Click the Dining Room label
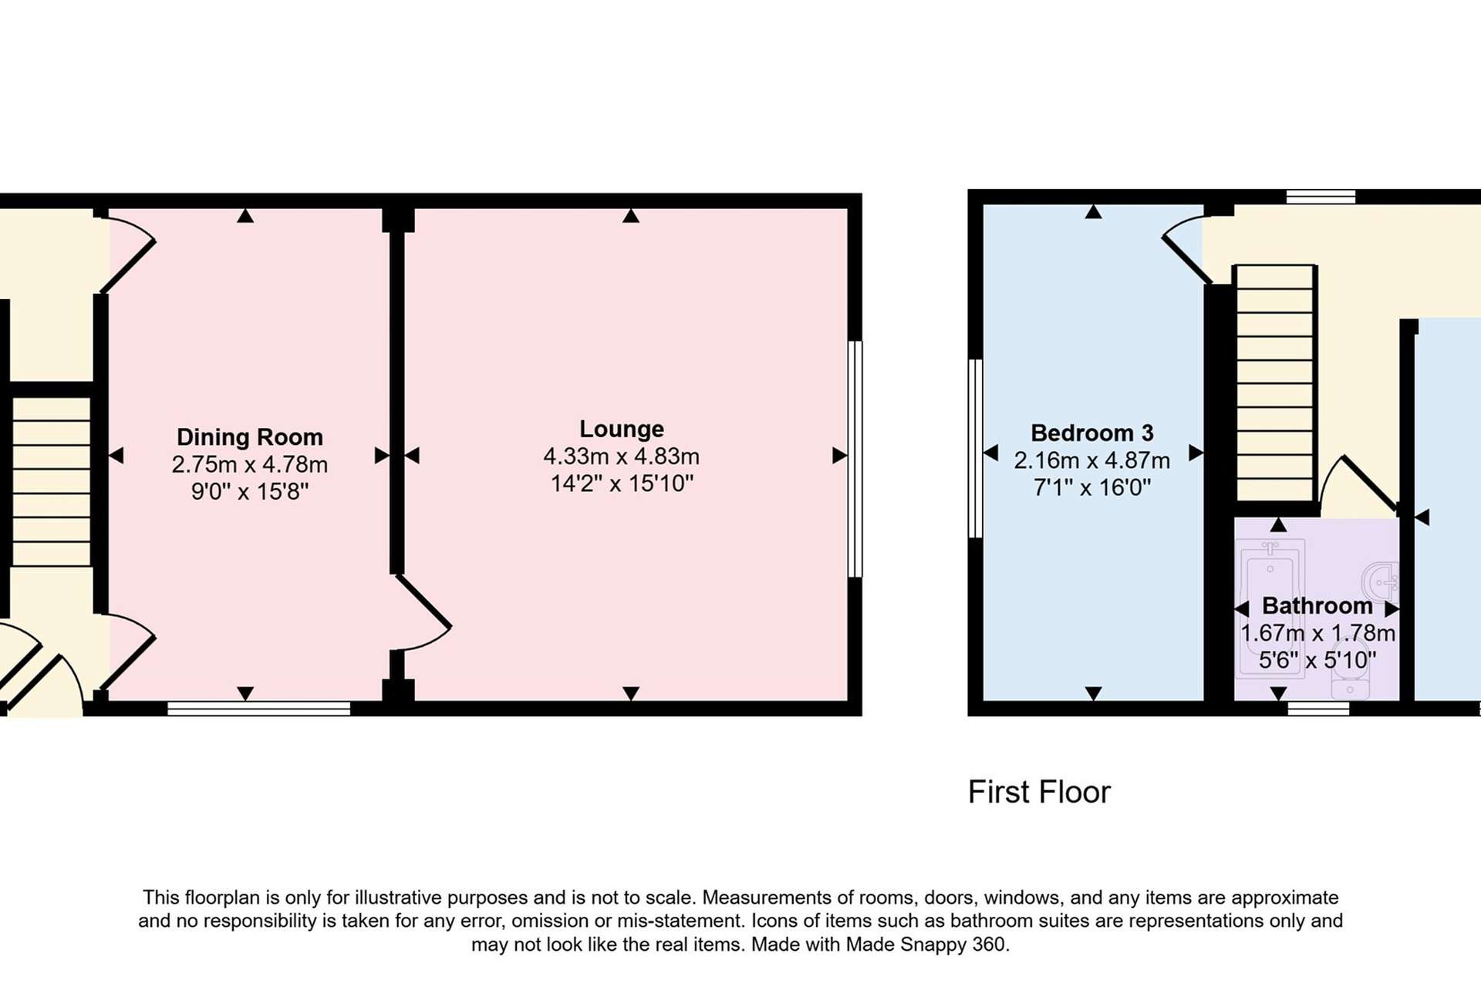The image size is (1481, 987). [x=250, y=437]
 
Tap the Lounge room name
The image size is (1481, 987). [x=622, y=429]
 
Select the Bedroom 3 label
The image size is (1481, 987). [x=1092, y=433]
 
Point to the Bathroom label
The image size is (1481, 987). [x=1317, y=605]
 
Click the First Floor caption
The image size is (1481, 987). [x=1039, y=792]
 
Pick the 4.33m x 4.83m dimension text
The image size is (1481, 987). [x=622, y=456]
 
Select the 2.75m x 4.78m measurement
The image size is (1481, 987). [x=250, y=465]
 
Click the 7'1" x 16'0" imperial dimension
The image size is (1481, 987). [x=1092, y=487]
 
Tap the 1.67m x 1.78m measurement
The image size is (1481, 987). [x=1317, y=633]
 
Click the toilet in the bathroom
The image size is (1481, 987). [x=1350, y=679]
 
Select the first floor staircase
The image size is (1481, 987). [x=1275, y=383]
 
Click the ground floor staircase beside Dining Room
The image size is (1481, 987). [x=51, y=481]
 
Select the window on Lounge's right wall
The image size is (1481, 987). [x=855, y=459]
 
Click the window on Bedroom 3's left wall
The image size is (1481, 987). [x=976, y=448]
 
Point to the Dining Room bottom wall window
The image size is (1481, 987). [x=259, y=709]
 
